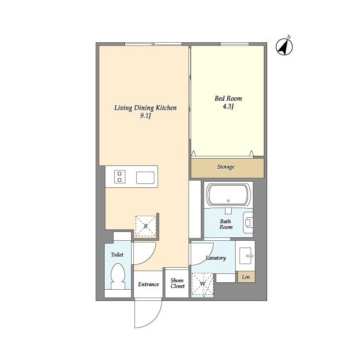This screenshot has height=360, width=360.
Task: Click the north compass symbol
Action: click(x=284, y=47)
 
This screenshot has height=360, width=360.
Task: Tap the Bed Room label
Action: click(x=228, y=98)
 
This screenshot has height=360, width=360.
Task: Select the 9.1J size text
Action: click(x=145, y=116)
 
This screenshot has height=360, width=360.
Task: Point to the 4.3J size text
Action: click(x=228, y=106)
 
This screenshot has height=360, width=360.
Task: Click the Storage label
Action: click(x=226, y=166)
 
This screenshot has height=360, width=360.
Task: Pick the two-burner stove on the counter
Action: click(x=120, y=177)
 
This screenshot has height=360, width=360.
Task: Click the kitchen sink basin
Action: click(x=145, y=178)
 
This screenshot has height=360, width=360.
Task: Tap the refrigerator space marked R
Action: click(x=146, y=226)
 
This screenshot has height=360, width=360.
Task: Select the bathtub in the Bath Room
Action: click(x=228, y=195)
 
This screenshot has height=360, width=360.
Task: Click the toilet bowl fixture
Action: click(x=118, y=276)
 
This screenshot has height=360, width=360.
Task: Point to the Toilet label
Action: click(x=117, y=255)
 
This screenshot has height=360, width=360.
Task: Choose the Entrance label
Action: click(x=148, y=285)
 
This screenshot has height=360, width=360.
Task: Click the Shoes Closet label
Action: click(x=178, y=283)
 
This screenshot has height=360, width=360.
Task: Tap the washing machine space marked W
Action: click(x=202, y=283)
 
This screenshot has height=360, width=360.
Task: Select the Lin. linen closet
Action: click(x=246, y=277)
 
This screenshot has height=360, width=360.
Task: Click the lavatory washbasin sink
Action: click(x=246, y=255)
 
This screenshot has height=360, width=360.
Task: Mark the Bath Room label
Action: click(x=226, y=224)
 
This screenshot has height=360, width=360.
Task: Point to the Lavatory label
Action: click(x=216, y=258)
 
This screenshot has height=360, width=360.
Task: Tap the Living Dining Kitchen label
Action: click(x=146, y=108)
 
